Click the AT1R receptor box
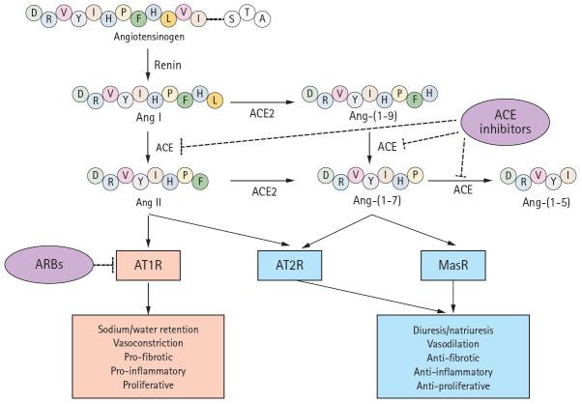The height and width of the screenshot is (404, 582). click(148, 265)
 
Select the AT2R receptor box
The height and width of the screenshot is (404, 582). click(289, 265)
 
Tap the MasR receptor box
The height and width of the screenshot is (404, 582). click(452, 265)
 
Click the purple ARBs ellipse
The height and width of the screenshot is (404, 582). click(49, 265)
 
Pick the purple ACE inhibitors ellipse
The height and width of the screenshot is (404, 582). click(505, 122)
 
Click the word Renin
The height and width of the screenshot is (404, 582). click(168, 65)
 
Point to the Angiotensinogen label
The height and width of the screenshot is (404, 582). click(149, 37)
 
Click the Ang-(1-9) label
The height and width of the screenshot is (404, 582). click(373, 116)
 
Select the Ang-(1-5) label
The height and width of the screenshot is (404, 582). click(546, 202)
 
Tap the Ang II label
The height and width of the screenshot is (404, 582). click(149, 203)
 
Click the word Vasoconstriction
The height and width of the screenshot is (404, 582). click(148, 343)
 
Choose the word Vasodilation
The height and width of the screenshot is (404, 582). click(452, 344)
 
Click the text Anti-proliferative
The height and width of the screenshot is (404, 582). click(452, 387)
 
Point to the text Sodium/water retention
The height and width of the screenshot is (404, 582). click(148, 330)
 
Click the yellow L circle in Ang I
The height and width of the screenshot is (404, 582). click(216, 100)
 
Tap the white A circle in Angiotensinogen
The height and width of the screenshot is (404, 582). click(262, 18)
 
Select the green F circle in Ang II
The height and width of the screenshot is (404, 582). click(200, 182)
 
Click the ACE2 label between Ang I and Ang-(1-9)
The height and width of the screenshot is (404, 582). click(262, 113)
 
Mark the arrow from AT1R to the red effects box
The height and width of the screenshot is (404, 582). click(148, 298)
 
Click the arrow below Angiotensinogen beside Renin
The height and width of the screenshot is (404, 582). click(148, 64)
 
